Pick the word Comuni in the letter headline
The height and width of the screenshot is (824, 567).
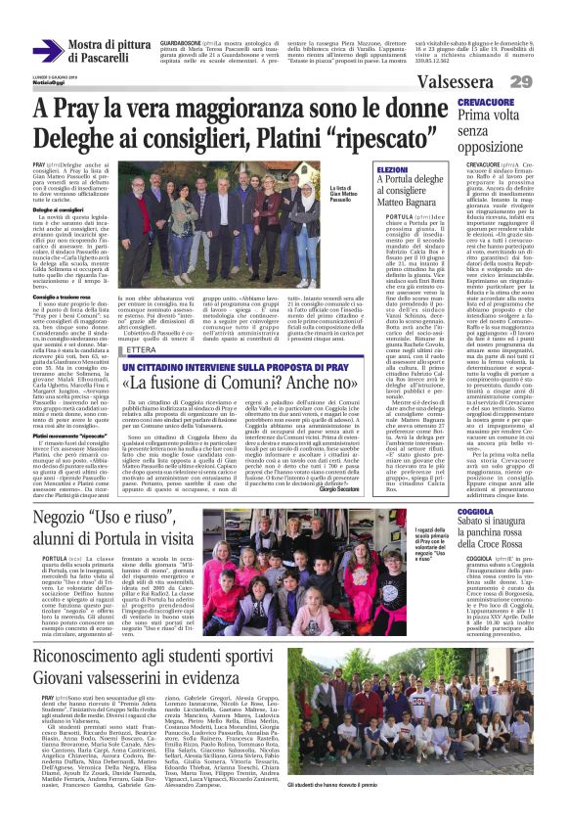coord(240,382)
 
